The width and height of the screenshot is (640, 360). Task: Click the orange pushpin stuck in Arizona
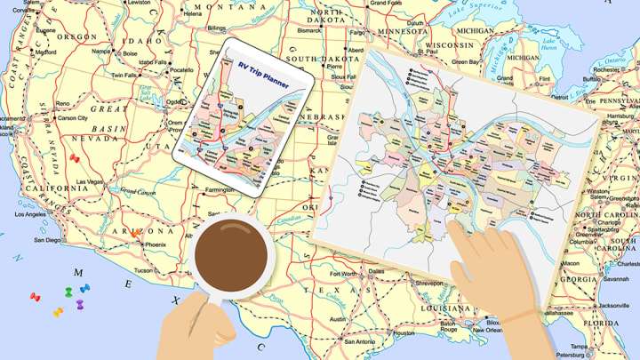click(134, 232)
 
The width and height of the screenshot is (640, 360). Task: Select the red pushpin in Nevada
click(75, 159)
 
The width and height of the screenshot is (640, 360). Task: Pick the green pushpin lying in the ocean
click(68, 292)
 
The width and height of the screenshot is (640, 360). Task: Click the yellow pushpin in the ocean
click(58, 312)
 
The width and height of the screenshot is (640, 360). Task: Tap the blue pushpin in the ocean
click(84, 288)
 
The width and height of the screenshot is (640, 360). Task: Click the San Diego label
click(47, 240)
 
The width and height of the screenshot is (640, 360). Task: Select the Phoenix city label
click(156, 244)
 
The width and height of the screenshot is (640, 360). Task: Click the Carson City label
click(71, 117)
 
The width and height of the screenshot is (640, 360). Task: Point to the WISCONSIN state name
click(449, 44)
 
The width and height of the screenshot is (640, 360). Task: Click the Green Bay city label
click(466, 62)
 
